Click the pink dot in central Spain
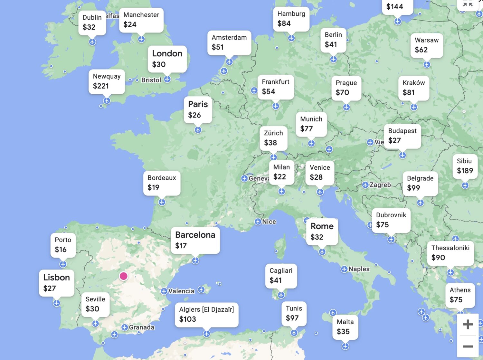[x=123, y=276]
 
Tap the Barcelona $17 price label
[x=195, y=240]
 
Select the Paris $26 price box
[x=198, y=109]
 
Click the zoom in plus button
[x=468, y=324]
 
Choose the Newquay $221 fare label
[x=107, y=81]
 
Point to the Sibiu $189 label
[x=465, y=166]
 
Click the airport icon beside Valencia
[x=164, y=291]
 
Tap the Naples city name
[x=359, y=269]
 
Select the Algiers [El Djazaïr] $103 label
[x=206, y=314]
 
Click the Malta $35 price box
[x=345, y=327]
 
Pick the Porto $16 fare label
[x=63, y=245]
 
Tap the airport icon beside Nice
[x=258, y=222]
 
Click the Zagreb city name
[x=380, y=185]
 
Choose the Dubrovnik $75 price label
[x=391, y=220]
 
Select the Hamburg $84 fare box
[x=291, y=19]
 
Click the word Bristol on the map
[x=151, y=80]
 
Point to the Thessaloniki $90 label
[x=450, y=253]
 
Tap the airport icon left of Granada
[x=125, y=327]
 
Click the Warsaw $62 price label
[x=426, y=45]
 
